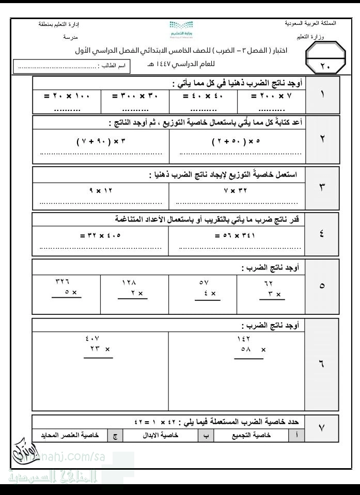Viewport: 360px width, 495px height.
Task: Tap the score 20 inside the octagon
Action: [x=324, y=66]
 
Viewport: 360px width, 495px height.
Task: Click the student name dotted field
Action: [x=57, y=67]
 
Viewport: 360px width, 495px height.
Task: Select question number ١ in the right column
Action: [x=322, y=95]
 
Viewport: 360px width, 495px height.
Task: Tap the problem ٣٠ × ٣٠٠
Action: [x=135, y=96]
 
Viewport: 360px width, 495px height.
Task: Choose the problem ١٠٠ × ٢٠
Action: [x=67, y=96]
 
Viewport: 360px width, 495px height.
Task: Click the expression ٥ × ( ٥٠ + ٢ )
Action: [x=237, y=140]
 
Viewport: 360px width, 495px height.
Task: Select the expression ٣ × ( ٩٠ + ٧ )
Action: [x=101, y=140]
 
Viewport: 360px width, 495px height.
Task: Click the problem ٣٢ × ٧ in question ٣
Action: [x=237, y=190]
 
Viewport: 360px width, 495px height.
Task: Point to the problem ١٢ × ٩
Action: [x=101, y=190]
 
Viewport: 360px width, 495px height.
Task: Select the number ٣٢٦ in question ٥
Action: [x=62, y=282]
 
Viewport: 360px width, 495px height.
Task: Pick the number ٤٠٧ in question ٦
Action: [x=92, y=339]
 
